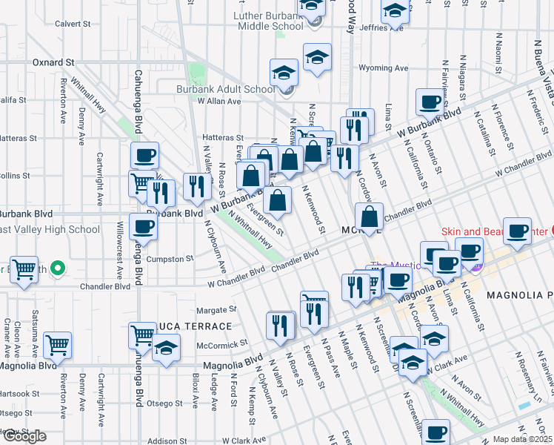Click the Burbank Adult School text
225,89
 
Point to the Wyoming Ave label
389,68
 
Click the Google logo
24,436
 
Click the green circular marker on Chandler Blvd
58,268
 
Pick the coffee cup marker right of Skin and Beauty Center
517,230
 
